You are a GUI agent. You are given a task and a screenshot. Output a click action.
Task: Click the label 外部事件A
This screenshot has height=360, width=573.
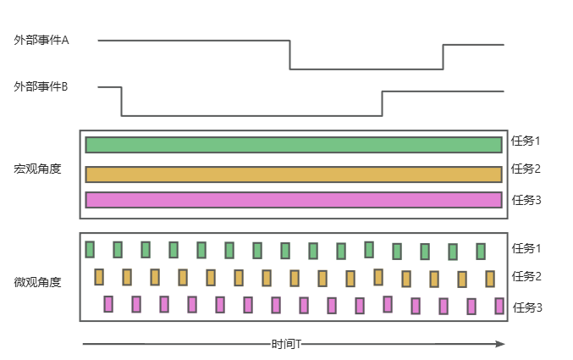[x=41, y=40]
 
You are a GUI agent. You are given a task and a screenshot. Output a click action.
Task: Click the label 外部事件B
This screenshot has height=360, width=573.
[x=41, y=86]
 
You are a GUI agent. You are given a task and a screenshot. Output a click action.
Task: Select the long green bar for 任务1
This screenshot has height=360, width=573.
[x=293, y=145]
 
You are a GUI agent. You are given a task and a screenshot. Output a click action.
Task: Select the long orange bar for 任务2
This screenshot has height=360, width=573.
[x=293, y=174]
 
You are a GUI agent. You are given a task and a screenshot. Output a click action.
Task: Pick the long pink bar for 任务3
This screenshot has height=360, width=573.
[x=293, y=200]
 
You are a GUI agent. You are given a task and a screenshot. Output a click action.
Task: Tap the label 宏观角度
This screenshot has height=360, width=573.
[x=38, y=169]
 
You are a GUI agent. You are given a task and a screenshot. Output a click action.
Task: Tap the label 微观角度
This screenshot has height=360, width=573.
[x=38, y=281]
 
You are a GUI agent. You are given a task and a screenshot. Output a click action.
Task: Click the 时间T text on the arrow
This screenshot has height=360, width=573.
[x=288, y=345]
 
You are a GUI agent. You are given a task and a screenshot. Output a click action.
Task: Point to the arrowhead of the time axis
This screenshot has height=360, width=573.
[x=500, y=344]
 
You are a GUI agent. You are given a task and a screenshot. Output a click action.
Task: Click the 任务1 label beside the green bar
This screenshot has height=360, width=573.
[x=526, y=141]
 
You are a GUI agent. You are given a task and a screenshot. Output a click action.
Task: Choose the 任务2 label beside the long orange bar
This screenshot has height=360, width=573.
[x=526, y=169]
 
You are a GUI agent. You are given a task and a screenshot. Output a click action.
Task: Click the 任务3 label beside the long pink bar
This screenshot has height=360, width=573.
[x=526, y=200]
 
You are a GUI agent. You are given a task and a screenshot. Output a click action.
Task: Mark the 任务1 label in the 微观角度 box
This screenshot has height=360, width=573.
[x=526, y=248]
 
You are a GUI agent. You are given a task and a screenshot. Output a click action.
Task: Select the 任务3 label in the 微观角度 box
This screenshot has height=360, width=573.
[x=527, y=307]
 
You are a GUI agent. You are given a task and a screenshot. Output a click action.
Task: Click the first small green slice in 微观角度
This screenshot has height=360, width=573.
[x=90, y=248]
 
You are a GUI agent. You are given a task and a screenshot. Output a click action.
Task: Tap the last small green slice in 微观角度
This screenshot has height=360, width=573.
[x=481, y=252]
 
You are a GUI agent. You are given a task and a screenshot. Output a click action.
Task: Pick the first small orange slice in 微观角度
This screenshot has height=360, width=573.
[x=99, y=276]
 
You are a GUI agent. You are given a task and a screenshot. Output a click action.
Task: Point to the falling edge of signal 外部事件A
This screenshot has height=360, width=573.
[x=289, y=54]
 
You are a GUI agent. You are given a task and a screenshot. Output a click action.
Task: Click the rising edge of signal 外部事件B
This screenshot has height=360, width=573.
[x=383, y=103]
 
